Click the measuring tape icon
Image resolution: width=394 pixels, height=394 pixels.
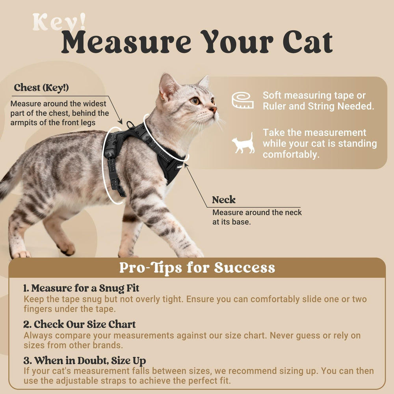click(x=242, y=100)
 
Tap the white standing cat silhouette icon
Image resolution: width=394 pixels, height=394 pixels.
click(x=243, y=143)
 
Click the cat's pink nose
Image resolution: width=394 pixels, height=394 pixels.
click(x=214, y=109)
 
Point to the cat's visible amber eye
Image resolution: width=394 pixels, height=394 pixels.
click(x=195, y=101)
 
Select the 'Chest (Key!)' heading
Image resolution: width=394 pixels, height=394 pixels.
click(x=41, y=88)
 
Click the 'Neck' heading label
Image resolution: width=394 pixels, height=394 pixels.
click(x=224, y=200)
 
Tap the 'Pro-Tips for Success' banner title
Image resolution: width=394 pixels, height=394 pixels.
click(x=197, y=268)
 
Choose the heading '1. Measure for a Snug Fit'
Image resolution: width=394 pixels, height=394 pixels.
click(x=81, y=288)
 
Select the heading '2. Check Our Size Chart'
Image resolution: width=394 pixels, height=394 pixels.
click(x=80, y=324)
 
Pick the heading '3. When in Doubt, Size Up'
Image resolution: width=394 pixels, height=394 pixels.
click(x=85, y=361)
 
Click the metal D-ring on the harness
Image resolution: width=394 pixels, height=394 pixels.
click(x=130, y=125)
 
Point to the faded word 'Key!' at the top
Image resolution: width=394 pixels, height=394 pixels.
click(x=59, y=22)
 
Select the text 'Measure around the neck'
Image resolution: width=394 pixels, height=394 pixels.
click(x=257, y=213)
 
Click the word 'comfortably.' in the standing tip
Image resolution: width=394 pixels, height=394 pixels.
click(x=291, y=154)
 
